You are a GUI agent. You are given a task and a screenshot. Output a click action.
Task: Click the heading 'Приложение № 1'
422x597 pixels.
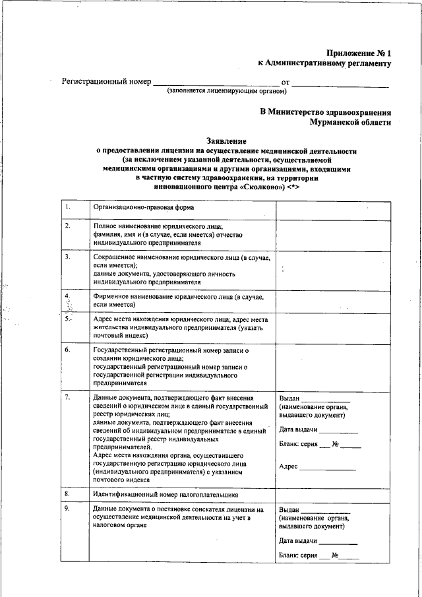359,53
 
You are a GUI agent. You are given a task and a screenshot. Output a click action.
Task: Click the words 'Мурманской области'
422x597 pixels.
351,122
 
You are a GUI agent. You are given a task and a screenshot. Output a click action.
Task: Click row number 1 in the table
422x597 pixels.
68,208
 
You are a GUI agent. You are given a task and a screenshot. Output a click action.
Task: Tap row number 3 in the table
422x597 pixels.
68,257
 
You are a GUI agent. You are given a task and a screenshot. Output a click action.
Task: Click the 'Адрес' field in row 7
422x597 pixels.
289,467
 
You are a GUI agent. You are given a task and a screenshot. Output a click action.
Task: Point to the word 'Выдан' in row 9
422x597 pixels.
289,510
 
